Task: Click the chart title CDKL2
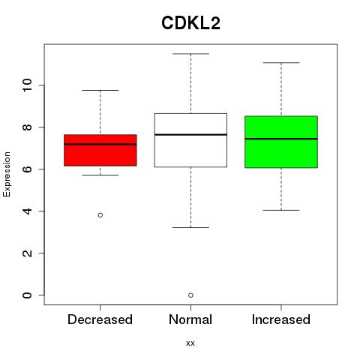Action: click(x=190, y=23)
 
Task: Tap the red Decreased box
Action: click(x=100, y=150)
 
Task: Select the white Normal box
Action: click(x=190, y=140)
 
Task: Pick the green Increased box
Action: click(x=281, y=142)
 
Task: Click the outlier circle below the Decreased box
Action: click(x=100, y=215)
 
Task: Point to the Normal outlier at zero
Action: click(x=190, y=295)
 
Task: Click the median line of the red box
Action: click(x=100, y=144)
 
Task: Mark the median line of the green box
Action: click(x=281, y=139)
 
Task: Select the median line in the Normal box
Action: click(x=190, y=134)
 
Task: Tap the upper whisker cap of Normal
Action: click(x=190, y=54)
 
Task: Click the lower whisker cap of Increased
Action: click(x=281, y=210)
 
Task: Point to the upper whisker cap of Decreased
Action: click(x=100, y=90)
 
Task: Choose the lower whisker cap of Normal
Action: click(x=190, y=227)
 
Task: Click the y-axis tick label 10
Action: click(x=28, y=85)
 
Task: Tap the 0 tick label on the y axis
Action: click(x=28, y=295)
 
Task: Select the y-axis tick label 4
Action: click(x=28, y=211)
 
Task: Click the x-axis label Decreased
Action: click(x=100, y=319)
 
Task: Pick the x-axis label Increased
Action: click(x=281, y=319)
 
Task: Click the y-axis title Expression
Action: click(x=7, y=174)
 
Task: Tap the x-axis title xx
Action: click(x=190, y=343)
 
